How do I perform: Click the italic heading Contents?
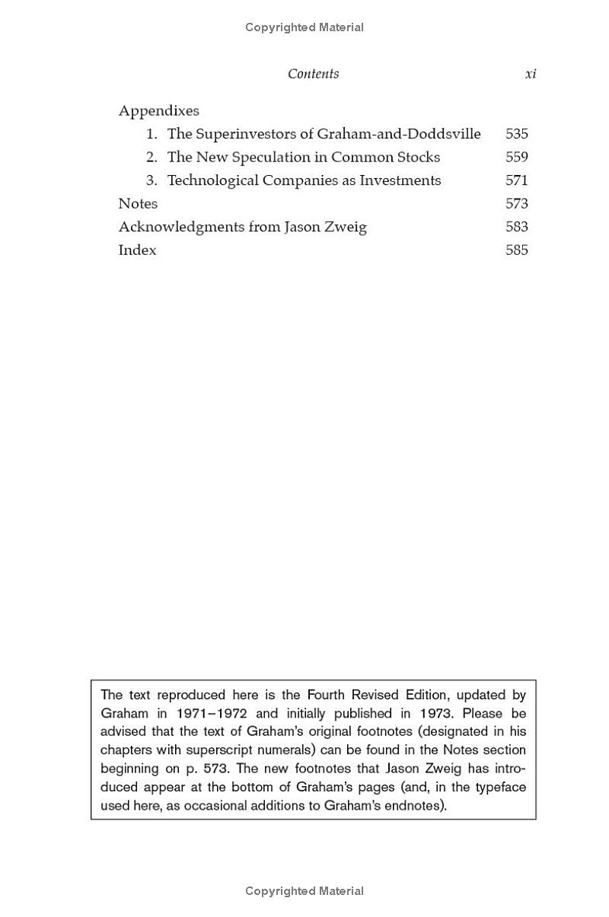313,74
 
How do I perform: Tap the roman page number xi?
531,74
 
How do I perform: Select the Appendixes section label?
158,110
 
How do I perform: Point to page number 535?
516,134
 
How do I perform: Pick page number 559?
516,158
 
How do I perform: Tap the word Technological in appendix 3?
212,180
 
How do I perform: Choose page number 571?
516,180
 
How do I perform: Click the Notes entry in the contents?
138,204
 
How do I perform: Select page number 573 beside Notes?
516,204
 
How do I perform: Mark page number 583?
516,227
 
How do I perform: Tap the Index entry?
137,250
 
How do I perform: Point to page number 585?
516,250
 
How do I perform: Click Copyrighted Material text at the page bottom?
304,891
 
